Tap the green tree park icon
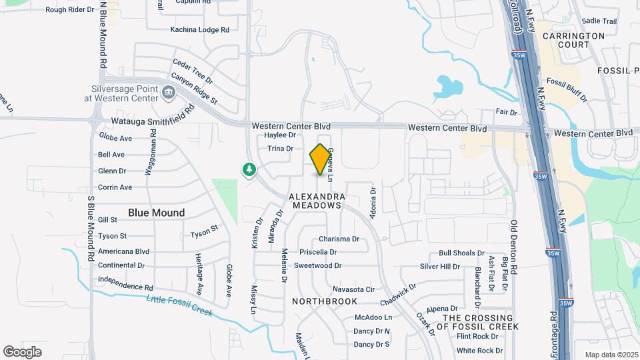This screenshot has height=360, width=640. [249, 170]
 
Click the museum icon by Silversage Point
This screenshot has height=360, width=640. [168, 93]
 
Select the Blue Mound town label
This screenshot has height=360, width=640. [156, 213]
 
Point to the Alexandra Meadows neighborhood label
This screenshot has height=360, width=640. [317, 201]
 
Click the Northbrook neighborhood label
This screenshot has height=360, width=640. [325, 301]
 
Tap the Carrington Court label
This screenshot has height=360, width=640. [573, 40]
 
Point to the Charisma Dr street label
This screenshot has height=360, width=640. [339, 239]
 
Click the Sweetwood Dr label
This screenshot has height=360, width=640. [317, 265]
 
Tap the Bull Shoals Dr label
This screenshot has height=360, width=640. [461, 253]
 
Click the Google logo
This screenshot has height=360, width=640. [23, 351]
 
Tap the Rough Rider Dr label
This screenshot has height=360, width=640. [70, 10]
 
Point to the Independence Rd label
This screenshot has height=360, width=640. [125, 283]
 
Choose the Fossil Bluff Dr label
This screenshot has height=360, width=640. [567, 90]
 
